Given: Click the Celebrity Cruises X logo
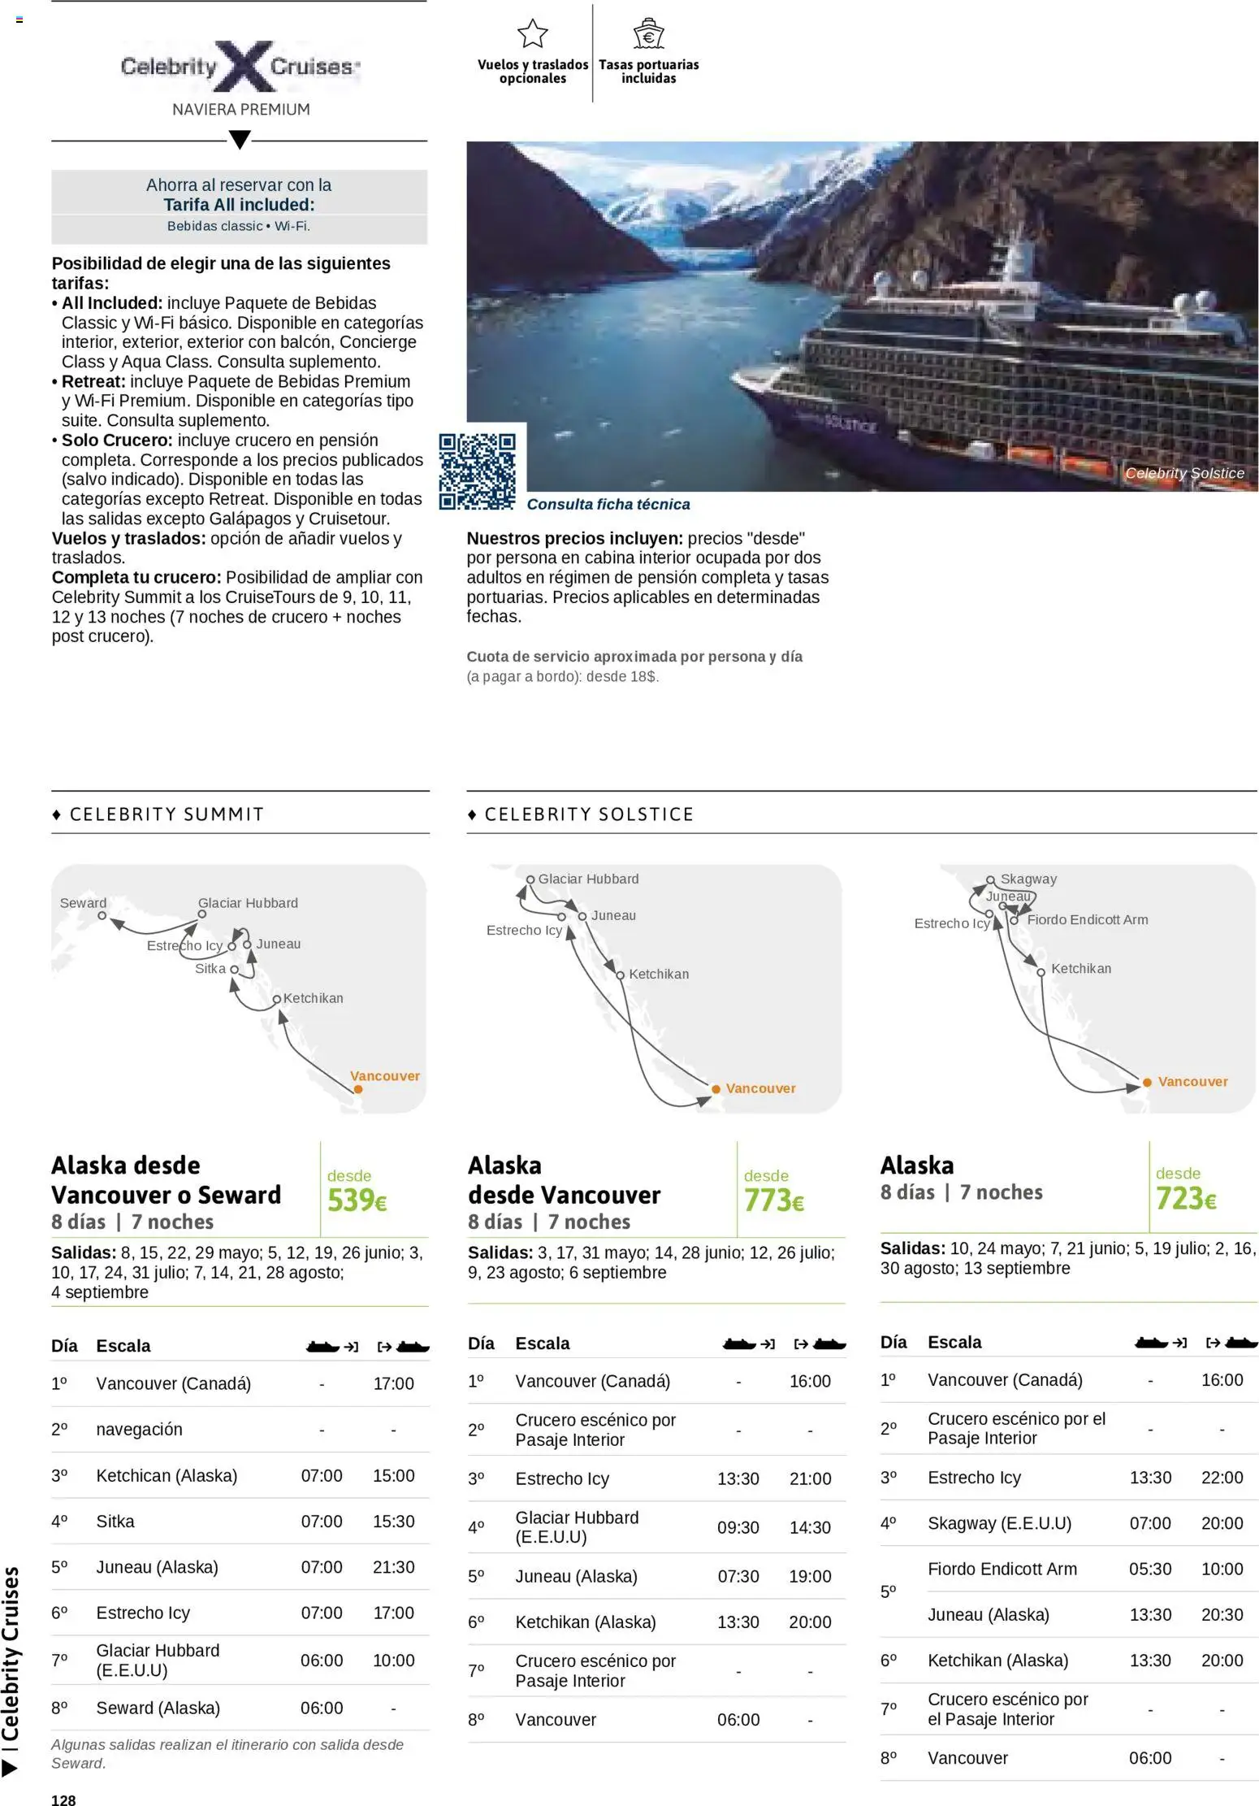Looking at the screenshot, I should point(240,67).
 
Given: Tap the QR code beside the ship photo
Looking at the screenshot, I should point(478,471).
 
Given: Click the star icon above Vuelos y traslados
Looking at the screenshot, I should point(533,34).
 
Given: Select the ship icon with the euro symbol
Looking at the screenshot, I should point(648,34).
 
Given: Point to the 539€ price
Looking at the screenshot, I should point(357,1200).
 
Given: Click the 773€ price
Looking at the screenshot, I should point(773,1200).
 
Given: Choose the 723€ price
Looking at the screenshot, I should point(1186,1198).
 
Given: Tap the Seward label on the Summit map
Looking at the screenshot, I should point(83,903).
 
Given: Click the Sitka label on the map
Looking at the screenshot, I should point(210,969).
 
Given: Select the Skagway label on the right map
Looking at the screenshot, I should point(1028,879).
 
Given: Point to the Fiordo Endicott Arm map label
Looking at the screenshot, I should point(1087,920).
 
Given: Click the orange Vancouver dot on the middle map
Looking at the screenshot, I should point(716,1089).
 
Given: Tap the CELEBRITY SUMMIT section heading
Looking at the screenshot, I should point(167,814).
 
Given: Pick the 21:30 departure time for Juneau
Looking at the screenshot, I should point(393,1567).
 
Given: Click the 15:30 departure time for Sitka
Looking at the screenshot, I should point(393,1522).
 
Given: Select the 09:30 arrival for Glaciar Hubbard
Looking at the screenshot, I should point(738,1527).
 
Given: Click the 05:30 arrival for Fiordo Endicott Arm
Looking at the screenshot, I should point(1150,1569).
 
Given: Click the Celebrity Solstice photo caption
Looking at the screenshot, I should point(1184,473).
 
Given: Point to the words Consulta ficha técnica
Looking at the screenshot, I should point(608,505).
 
